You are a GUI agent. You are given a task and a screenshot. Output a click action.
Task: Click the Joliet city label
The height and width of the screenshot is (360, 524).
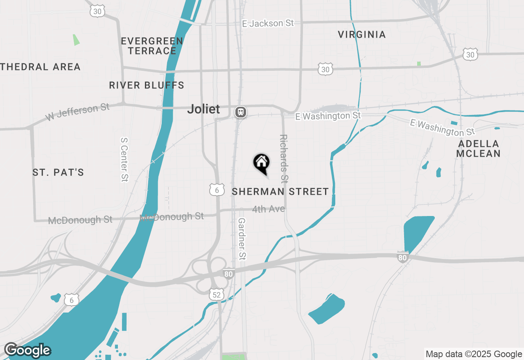(203, 109)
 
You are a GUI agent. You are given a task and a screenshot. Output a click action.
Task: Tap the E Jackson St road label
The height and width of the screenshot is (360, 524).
(268, 23)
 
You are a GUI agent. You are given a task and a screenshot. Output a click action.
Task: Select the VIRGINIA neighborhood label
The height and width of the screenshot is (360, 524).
(362, 35)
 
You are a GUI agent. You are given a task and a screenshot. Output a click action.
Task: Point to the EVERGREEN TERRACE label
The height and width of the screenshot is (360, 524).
(152, 46)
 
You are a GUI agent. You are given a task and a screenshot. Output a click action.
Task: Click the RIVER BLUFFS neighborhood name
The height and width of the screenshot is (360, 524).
(147, 85)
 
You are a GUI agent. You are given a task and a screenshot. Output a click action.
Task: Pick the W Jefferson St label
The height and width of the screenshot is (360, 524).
(77, 112)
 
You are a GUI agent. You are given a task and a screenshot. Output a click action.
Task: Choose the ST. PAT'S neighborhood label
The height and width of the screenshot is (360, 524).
(58, 173)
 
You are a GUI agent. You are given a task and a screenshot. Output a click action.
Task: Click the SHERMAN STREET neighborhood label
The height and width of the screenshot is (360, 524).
(280, 191)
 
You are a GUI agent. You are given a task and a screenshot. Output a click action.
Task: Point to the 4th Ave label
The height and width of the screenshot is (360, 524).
(269, 209)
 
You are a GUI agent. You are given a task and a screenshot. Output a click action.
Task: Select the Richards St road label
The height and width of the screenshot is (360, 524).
(283, 158)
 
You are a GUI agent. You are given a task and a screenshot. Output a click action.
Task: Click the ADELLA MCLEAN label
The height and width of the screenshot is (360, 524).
(478, 148)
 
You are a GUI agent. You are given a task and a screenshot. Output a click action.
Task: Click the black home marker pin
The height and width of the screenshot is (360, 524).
(261, 163)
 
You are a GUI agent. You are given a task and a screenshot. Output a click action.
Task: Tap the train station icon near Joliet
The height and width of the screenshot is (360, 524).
(240, 112)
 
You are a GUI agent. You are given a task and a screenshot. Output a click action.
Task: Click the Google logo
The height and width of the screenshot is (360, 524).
(27, 350)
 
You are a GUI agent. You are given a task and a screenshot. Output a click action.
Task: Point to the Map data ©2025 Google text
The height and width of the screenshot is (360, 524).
(474, 354)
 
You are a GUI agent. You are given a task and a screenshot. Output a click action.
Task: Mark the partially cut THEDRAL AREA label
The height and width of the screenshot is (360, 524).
(40, 67)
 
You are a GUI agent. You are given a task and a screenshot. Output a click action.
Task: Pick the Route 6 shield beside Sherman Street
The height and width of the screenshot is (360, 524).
(217, 189)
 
